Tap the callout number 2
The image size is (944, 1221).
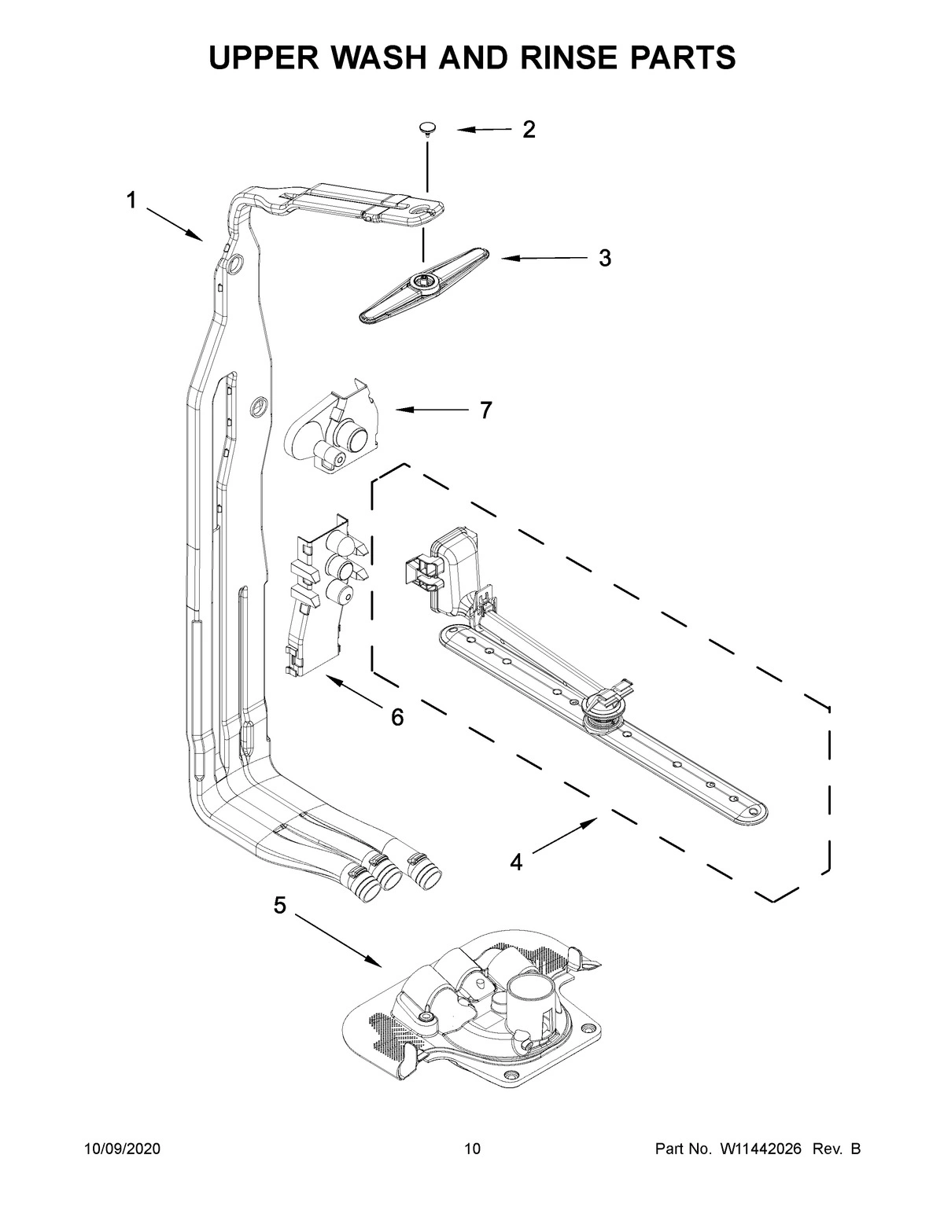[529, 130]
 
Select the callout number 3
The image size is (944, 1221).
[604, 258]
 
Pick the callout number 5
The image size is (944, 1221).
[280, 905]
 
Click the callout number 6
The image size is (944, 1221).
[397, 716]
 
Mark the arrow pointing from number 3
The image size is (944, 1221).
[543, 258]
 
